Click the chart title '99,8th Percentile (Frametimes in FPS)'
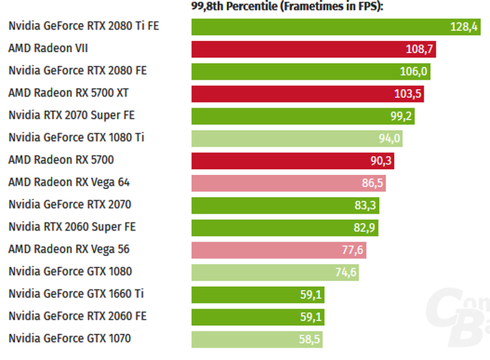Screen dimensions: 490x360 (287, 6)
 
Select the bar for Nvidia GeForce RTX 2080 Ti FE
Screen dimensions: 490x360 (336, 27)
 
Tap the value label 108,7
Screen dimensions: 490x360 (419, 49)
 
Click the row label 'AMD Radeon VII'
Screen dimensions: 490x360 (48, 48)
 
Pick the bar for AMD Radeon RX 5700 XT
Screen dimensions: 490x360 (307, 94)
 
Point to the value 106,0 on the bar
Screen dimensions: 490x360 (413, 71)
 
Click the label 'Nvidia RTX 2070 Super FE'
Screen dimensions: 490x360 (72, 115)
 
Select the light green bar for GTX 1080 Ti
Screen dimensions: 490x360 (297, 138)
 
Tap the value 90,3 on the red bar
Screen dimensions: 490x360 (381, 160)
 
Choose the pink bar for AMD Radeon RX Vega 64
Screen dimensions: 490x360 (289, 183)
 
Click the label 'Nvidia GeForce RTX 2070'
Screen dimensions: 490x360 (69, 204)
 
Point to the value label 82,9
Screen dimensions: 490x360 (364, 228)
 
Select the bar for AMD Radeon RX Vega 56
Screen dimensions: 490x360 (279, 250)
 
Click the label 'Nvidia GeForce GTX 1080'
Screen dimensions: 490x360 (71, 271)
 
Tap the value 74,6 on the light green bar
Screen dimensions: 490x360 (346, 273)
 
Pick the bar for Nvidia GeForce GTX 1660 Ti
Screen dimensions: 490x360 (258, 295)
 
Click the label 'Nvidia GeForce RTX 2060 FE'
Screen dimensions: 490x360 (77, 316)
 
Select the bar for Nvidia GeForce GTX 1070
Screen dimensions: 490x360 (257, 340)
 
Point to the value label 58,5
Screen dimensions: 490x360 (309, 340)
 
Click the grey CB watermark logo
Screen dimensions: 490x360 (458, 317)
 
